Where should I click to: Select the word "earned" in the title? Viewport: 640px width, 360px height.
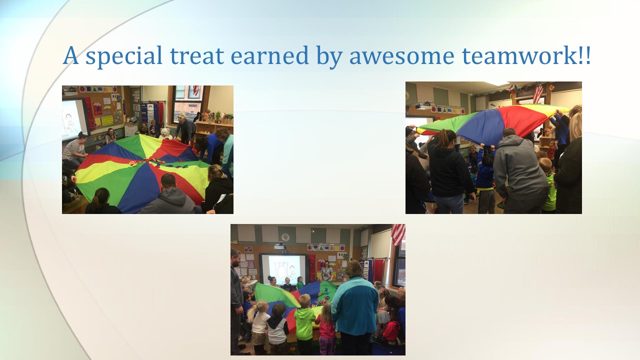coord(269,55)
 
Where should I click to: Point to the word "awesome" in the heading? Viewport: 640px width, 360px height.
coord(401,56)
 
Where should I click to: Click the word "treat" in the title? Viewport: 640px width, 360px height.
coord(197,55)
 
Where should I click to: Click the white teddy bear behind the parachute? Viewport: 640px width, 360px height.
coord(166,133)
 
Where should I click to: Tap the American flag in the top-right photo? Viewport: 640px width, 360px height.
coord(537,92)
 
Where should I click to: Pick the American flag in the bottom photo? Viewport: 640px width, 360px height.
coord(398,234)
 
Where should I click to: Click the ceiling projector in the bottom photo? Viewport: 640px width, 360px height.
coord(279,245)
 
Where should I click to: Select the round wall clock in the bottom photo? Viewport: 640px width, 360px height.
coord(285,237)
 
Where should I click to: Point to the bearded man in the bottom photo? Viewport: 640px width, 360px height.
coord(237,300)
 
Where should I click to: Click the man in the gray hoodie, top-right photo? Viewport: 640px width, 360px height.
coord(520,171)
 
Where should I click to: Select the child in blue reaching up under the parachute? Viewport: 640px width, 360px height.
coord(485,177)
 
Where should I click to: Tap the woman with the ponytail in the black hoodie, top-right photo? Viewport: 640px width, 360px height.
coord(448,171)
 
